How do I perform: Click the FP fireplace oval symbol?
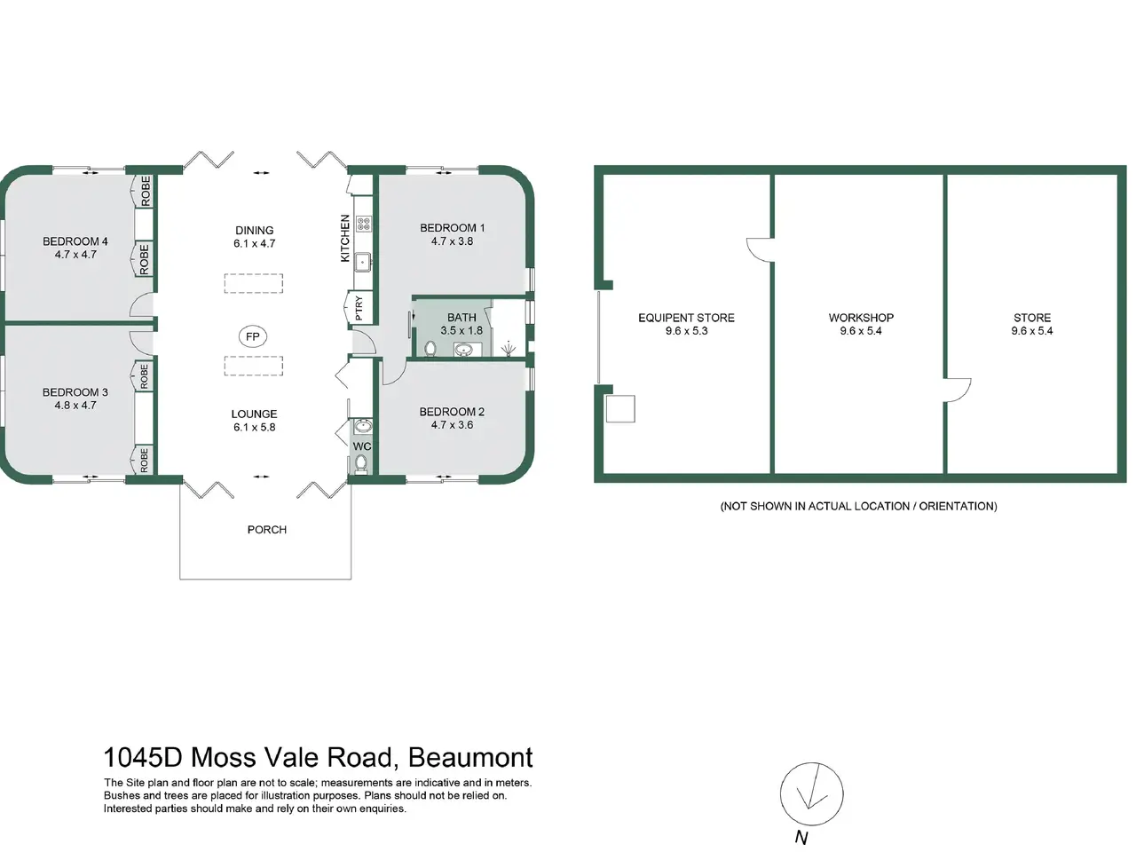click(x=253, y=336)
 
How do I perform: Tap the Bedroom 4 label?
click(x=75, y=241)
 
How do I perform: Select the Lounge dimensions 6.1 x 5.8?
click(x=254, y=427)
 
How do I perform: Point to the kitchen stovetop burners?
click(x=363, y=224)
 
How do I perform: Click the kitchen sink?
click(x=363, y=263)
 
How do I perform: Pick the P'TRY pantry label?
click(x=359, y=308)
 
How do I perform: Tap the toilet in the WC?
click(x=361, y=463)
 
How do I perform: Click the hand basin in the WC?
click(x=363, y=427)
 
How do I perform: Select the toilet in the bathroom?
click(x=430, y=349)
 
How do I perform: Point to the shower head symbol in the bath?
click(x=509, y=349)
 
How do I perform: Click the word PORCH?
click(x=266, y=530)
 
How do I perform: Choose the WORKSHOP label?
click(x=861, y=318)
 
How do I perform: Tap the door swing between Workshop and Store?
click(x=957, y=390)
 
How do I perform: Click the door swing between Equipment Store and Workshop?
click(x=760, y=250)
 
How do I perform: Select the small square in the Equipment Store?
click(x=620, y=408)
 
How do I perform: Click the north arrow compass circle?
click(x=811, y=793)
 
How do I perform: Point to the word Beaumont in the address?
click(x=470, y=757)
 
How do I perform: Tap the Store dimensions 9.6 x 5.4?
click(x=1032, y=331)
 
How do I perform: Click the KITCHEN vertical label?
click(x=345, y=239)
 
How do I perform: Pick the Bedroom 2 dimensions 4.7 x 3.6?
click(x=452, y=425)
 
